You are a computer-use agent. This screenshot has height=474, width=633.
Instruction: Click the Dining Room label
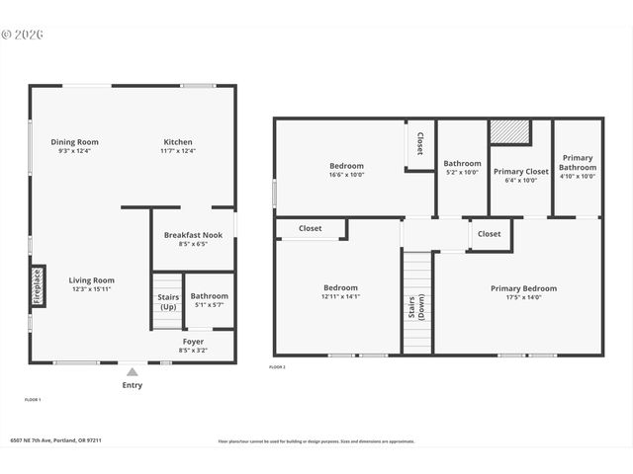coord(75,142)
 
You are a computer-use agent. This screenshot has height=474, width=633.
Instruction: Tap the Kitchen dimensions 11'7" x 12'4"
coord(178,151)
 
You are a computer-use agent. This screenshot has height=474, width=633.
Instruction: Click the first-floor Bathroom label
coord(209,295)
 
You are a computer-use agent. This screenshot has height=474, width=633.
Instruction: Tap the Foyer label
coord(193,341)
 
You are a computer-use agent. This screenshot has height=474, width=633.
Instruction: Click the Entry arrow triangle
coord(132,371)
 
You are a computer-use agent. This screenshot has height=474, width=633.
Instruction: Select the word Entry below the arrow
coord(132,385)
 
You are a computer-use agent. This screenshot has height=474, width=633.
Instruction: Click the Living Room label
coord(91,280)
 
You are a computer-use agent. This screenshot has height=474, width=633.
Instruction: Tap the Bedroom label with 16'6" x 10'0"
coord(346,166)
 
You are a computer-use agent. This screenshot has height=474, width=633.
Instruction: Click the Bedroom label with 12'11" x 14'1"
coord(340,287)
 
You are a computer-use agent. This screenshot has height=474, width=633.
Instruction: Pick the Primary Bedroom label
coord(523,288)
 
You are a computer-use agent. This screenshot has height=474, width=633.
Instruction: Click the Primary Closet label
coord(520,171)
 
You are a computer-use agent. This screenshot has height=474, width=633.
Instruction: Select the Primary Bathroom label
coord(578,163)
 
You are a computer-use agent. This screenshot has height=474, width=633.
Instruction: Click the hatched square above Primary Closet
coord(510,132)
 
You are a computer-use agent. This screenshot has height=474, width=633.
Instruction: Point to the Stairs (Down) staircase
coord(417,302)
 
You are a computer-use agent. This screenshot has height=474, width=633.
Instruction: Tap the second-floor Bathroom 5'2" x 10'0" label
coord(462,164)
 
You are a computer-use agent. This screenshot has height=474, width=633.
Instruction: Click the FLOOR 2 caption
coord(277,367)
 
